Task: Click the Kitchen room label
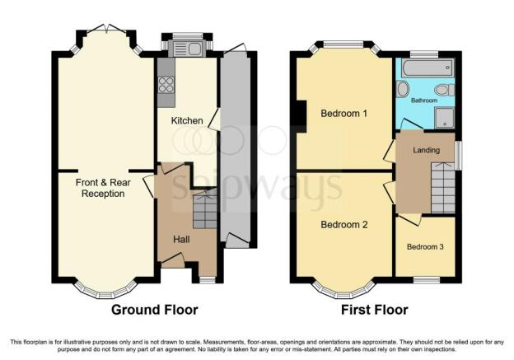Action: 187,120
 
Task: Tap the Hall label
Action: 181,240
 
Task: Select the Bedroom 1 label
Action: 343,114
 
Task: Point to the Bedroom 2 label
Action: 343,225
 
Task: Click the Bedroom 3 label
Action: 425,246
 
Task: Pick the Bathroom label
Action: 424,101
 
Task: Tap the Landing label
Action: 426,150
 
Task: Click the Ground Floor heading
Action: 154,310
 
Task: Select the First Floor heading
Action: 375,310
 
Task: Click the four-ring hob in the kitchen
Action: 166,85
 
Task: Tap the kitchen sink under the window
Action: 187,49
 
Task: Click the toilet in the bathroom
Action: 445,90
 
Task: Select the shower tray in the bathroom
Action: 445,118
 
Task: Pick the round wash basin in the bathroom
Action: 402,89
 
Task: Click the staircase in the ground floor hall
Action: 205,210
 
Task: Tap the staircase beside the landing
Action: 443,187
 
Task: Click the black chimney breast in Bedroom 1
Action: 301,116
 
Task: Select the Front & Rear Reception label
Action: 103,188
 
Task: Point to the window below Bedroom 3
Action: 426,280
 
